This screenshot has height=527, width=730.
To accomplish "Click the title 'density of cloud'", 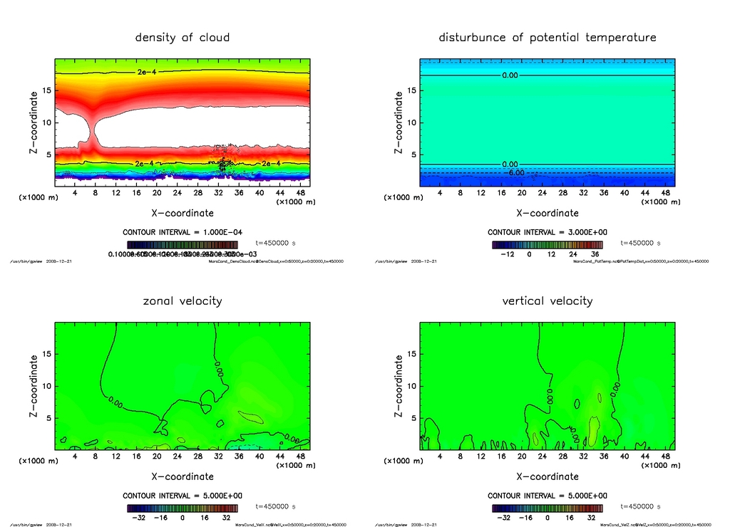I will click(182, 37).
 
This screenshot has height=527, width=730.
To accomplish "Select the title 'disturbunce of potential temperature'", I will click(547, 37).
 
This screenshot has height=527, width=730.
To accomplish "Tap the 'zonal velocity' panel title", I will click(182, 301).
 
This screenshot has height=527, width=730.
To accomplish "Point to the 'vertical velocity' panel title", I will click(547, 301).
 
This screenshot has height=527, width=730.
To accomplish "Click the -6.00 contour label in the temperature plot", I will click(515, 172).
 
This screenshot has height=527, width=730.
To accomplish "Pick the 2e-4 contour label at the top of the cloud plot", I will click(147, 72).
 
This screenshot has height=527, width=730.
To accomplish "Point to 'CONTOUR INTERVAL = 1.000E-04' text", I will click(182, 232).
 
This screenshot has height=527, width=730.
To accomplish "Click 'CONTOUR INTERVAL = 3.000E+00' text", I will click(547, 232).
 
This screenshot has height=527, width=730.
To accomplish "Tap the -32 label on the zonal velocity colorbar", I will click(138, 518).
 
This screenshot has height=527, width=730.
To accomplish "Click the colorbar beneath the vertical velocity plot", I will click(547, 508).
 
